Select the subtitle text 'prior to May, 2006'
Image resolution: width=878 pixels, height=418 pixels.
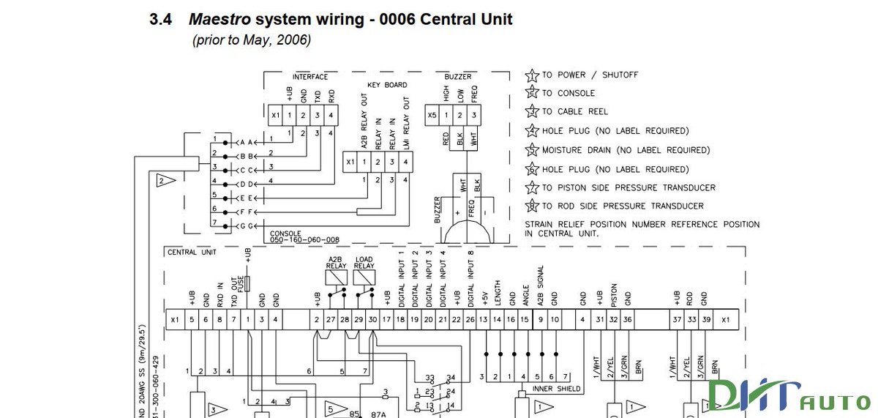252,41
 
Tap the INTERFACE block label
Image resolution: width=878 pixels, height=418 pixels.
310,77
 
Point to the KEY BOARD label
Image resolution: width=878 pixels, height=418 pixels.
386,85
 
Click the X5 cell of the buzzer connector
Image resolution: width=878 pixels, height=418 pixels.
432,115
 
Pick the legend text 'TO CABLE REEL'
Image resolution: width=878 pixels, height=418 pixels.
574,112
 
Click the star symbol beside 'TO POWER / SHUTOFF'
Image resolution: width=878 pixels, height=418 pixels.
532,75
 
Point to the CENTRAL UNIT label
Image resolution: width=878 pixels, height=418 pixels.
192,253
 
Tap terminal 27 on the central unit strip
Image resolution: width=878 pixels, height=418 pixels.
331,320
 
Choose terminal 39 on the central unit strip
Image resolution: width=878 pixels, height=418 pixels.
705,320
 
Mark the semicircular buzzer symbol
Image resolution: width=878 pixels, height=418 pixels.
466,234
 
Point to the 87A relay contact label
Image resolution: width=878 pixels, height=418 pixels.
379,414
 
